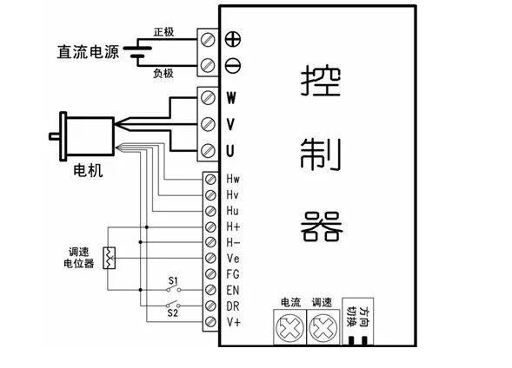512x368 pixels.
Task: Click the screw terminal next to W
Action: point(208,98)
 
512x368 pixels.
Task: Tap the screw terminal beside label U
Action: point(208,151)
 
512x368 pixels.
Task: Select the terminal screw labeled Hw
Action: point(210,180)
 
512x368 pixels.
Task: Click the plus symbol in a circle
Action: point(233,39)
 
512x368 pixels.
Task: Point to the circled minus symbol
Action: point(233,65)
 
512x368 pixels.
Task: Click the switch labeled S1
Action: point(173,289)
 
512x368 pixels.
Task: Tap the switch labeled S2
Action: point(173,305)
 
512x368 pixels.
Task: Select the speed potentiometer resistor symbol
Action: point(109,258)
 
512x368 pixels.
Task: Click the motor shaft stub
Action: point(54,136)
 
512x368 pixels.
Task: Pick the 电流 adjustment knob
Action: point(289,327)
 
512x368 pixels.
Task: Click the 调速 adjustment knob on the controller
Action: point(323,327)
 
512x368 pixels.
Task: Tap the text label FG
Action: point(233,274)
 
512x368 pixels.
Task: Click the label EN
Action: point(233,290)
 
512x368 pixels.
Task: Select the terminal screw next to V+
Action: point(210,322)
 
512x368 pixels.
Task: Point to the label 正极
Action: point(164,32)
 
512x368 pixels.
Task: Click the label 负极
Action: point(163,73)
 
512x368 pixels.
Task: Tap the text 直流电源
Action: point(88,52)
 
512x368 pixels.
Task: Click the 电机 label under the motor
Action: point(88,170)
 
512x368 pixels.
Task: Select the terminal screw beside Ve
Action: point(210,258)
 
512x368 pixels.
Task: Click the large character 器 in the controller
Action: point(322,227)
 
